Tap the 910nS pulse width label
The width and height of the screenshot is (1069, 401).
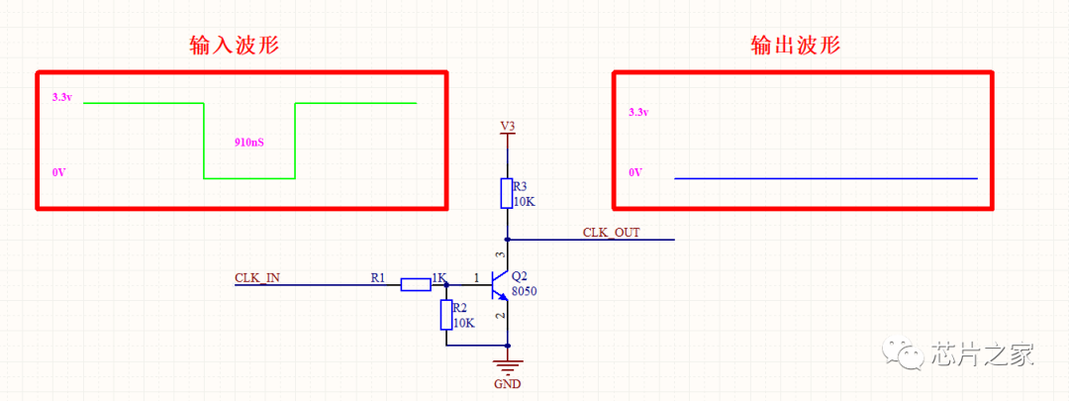(248, 145)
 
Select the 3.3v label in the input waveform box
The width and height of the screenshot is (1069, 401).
(62, 97)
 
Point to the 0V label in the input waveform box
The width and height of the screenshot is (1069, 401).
(58, 173)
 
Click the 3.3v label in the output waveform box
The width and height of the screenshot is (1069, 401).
(638, 112)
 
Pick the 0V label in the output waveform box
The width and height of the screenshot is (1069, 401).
(634, 173)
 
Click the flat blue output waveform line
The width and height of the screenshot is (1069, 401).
(826, 178)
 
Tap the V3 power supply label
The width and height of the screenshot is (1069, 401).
(507, 126)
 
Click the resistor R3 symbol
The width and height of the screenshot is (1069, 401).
(507, 193)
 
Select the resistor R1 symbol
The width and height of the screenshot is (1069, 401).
(415, 284)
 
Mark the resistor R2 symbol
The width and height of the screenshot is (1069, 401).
(446, 315)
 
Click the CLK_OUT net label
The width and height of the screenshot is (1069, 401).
(611, 233)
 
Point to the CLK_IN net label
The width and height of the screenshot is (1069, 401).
(257, 277)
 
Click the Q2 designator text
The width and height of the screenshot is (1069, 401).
(520, 277)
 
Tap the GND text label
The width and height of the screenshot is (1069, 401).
(507, 383)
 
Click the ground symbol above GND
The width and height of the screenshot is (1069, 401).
(507, 366)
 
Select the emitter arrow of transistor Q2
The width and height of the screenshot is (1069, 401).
(503, 296)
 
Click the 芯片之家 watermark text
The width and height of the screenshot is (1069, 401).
(982, 354)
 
